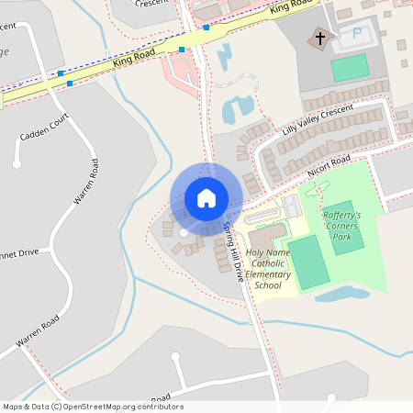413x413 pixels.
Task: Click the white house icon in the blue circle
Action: tap(206, 198)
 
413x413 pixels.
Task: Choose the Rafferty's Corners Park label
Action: tap(341, 225)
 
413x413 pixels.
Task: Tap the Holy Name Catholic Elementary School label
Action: tap(268, 269)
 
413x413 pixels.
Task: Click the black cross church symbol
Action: tap(320, 39)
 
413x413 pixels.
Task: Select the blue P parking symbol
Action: tap(356, 34)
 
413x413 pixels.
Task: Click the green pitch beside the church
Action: tap(349, 67)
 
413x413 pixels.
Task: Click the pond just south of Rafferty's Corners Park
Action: tap(340, 295)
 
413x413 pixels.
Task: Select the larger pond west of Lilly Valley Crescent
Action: tap(237, 108)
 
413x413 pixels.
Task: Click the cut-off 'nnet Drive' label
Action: tap(18, 251)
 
